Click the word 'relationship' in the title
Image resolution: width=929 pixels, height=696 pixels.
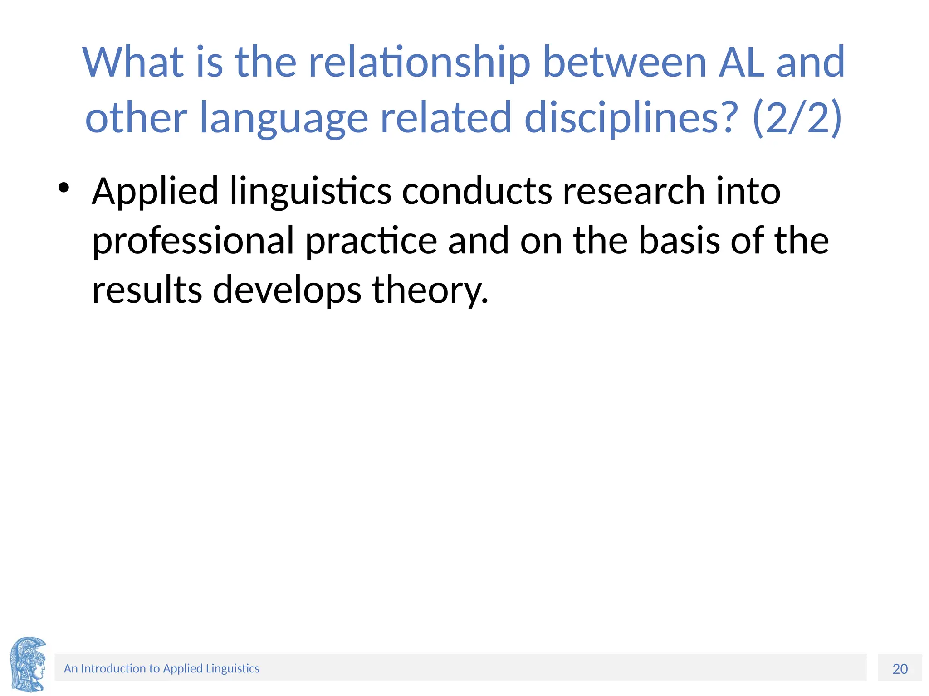[x=419, y=63]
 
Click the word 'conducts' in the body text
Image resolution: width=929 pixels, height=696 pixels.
[x=477, y=191]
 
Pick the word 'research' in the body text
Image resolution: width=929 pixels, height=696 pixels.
[x=634, y=191]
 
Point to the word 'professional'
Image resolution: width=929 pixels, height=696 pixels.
[x=193, y=241]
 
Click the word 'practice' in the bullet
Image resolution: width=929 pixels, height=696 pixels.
[x=371, y=241]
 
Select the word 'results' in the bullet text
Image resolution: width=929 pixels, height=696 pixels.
[x=147, y=290]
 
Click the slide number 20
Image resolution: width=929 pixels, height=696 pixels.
[x=900, y=669]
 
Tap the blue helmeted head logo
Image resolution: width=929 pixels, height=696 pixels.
[x=28, y=664]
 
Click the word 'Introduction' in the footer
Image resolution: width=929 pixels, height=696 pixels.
[x=113, y=669]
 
